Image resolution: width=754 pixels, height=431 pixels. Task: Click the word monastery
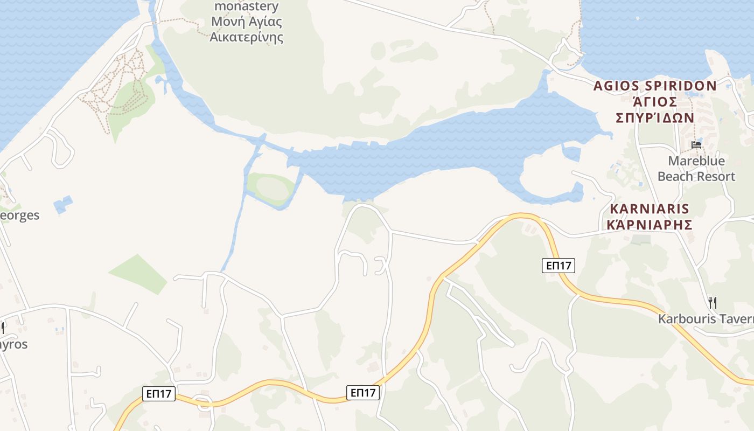[247, 6]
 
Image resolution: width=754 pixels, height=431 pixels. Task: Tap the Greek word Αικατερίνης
[247, 37]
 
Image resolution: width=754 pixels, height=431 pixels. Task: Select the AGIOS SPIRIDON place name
[655, 86]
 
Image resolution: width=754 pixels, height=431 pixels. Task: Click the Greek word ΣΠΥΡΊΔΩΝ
[655, 117]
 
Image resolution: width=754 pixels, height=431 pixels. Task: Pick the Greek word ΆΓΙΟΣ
[654, 101]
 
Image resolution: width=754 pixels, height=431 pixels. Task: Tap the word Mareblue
[696, 161]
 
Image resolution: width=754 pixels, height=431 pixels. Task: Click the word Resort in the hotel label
[715, 176]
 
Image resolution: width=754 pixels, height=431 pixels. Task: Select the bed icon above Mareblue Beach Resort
[696, 144]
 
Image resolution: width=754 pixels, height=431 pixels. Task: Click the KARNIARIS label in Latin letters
[650, 209]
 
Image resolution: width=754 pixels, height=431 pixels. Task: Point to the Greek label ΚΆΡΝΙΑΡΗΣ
[650, 224]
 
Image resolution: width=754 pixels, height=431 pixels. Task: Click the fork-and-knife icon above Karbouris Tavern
[712, 302]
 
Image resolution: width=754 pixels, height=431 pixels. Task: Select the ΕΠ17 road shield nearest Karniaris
[558, 265]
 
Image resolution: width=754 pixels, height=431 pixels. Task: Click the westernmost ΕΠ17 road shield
[159, 393]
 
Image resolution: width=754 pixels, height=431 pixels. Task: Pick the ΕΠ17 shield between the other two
[363, 393]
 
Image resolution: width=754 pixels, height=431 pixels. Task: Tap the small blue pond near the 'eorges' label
[63, 204]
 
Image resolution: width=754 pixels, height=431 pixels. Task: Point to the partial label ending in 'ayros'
[13, 344]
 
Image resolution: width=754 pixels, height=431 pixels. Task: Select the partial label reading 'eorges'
[19, 215]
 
